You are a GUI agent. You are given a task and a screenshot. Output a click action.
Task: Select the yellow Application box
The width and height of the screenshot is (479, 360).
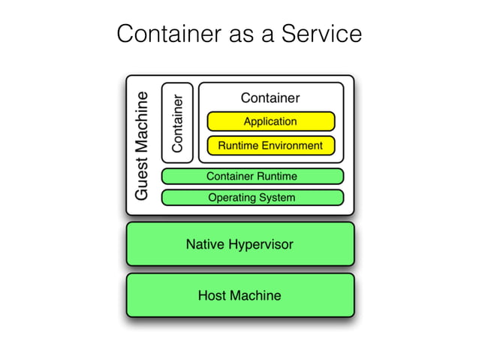pos(270,121)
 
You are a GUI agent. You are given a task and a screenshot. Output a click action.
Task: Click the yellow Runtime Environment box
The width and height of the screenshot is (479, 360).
pos(270,145)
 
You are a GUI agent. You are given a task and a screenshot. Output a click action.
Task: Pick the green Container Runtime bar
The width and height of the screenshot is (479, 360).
pos(252,176)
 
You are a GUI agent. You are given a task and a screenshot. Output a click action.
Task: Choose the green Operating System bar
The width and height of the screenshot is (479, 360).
pos(252,198)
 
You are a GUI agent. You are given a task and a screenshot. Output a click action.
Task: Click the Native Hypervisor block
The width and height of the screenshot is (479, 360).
pos(239,244)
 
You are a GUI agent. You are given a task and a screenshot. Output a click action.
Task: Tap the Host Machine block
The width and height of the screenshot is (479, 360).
pos(239,295)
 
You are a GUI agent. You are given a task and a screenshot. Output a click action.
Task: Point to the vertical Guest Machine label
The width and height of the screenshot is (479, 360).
pos(142,146)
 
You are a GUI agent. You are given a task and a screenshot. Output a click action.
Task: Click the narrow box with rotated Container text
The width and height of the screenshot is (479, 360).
pos(177,123)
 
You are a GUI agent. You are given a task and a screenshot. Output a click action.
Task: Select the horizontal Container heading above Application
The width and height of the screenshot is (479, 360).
pos(270,98)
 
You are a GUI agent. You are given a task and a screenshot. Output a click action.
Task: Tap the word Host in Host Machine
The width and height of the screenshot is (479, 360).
pos(212,295)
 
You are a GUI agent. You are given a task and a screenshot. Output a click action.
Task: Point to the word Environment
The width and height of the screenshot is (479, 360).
pos(292,145)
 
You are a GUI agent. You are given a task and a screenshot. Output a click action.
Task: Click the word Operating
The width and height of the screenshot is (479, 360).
pos(232,198)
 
